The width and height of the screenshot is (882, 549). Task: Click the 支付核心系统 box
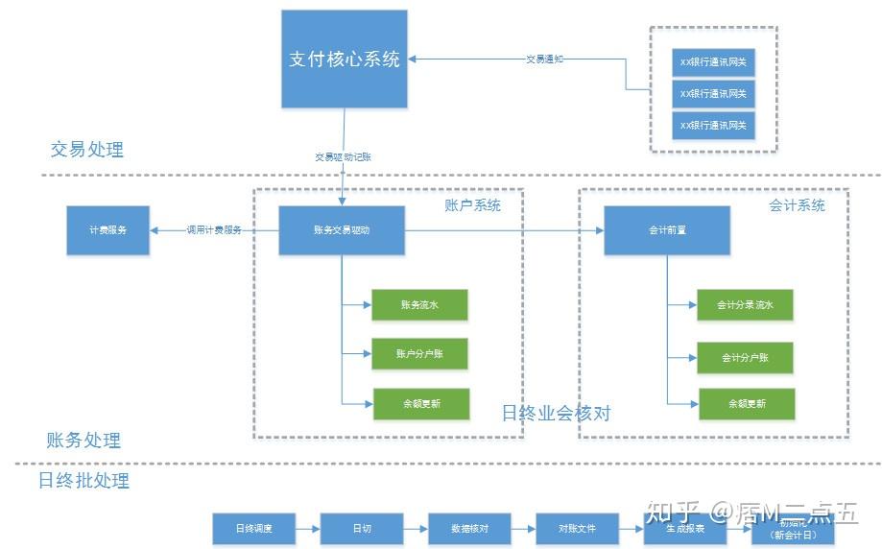(x=345, y=59)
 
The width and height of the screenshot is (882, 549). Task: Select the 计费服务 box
(x=107, y=230)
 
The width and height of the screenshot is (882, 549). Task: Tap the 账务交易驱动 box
(x=342, y=230)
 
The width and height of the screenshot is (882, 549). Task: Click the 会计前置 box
(x=666, y=230)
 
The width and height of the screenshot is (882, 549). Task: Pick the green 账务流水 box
(x=419, y=305)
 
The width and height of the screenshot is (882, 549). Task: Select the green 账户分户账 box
(x=419, y=354)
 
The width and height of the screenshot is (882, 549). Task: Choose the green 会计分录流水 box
(x=745, y=305)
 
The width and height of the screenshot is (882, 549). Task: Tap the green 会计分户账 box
(x=745, y=357)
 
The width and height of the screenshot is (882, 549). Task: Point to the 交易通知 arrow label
(x=544, y=59)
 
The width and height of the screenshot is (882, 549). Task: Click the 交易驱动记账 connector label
(x=343, y=155)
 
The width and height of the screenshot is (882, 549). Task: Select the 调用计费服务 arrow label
(x=214, y=230)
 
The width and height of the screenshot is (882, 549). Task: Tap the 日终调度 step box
(x=254, y=529)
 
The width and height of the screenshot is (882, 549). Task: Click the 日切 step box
(x=362, y=529)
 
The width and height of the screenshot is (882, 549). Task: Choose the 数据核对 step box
(x=469, y=529)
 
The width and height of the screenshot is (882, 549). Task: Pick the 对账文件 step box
(x=577, y=529)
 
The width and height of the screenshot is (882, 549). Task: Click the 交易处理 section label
(x=86, y=150)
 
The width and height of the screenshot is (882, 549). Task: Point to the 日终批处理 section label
(x=83, y=480)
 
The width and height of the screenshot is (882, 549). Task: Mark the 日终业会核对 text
(x=556, y=414)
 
